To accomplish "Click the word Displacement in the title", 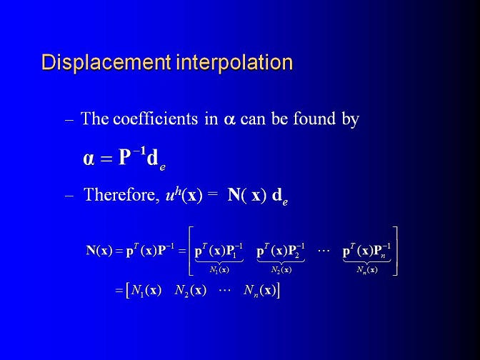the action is point(106,62).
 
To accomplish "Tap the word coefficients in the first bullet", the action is point(155,119).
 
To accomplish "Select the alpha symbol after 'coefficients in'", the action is point(229,120).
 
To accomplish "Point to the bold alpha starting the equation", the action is point(89,159).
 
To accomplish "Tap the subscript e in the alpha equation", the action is point(163,167).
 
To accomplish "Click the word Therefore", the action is point(120,195).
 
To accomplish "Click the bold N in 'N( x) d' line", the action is point(234,195).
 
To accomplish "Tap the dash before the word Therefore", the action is point(69,196).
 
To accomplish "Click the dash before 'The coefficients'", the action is point(69,120).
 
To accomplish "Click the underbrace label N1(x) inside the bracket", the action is point(219,270).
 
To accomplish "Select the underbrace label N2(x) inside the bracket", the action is point(281,270).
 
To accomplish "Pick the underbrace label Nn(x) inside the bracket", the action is point(366,270).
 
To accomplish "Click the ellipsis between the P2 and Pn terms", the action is point(324,251).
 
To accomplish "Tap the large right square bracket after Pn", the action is point(395,251).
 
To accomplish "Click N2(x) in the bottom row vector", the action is point(190,290).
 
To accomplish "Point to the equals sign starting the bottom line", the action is point(119,291).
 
